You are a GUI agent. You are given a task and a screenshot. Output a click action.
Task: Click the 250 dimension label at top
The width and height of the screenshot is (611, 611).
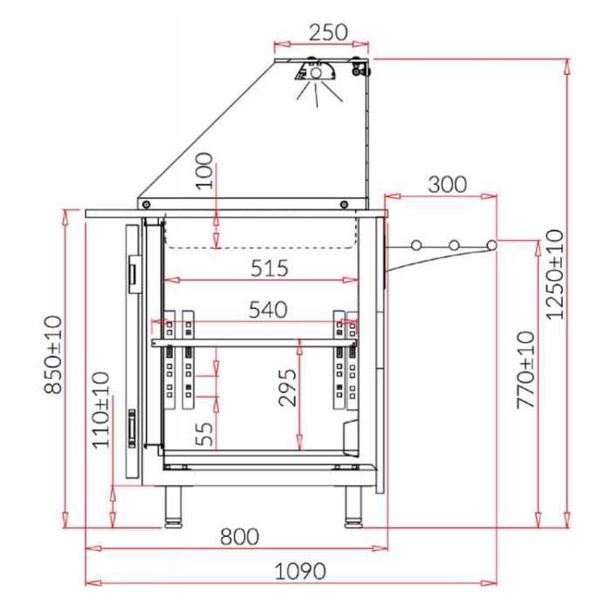pos(327,32)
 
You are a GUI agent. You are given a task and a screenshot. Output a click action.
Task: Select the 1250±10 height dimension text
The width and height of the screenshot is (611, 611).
pos(555,274)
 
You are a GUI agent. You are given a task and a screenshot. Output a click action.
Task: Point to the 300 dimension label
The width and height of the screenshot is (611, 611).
pos(447,184)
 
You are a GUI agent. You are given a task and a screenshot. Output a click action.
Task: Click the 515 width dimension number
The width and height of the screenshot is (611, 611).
pos(269,268)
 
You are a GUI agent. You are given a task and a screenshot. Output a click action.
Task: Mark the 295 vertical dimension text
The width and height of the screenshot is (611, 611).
pos(287,388)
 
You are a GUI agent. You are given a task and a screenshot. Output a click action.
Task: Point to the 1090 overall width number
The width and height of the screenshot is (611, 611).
pos(299,571)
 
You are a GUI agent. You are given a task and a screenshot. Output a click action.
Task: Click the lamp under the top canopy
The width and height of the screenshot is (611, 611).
pos(315,73)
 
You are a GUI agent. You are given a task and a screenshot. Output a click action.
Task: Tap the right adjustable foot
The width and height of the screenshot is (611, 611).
pos(353,506)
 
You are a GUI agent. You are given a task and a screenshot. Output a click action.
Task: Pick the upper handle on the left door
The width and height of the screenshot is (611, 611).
pos(133,271)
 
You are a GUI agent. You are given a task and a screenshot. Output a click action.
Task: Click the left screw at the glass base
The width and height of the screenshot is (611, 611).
pos(146,204)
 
